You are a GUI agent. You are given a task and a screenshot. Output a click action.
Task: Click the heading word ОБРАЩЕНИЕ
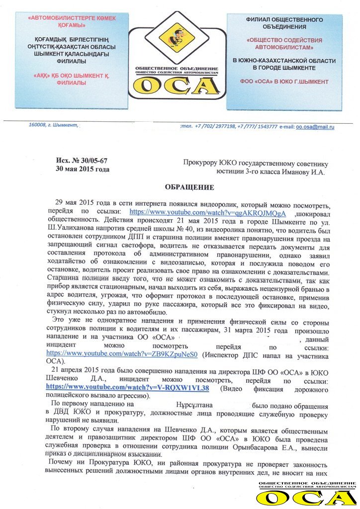[x=189, y=187]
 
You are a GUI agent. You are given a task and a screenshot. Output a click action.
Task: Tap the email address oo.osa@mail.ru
[x=315, y=127]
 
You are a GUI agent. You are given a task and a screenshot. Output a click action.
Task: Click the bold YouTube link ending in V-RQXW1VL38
[x=127, y=388]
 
